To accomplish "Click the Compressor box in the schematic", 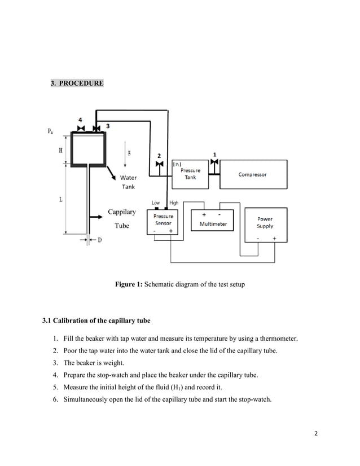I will [252, 174].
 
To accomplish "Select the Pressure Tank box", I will [190, 174].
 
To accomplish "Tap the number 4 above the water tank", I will [80, 120].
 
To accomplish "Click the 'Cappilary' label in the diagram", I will [121, 212].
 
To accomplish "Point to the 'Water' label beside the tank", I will [128, 178].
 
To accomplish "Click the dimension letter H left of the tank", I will [60, 151].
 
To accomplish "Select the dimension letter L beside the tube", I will [60, 200].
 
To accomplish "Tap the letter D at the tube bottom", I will [99, 240].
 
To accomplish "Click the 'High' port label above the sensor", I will [174, 203].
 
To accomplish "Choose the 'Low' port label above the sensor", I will [156, 203].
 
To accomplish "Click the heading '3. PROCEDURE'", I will [77, 83].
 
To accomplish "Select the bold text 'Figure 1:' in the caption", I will [129, 285].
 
